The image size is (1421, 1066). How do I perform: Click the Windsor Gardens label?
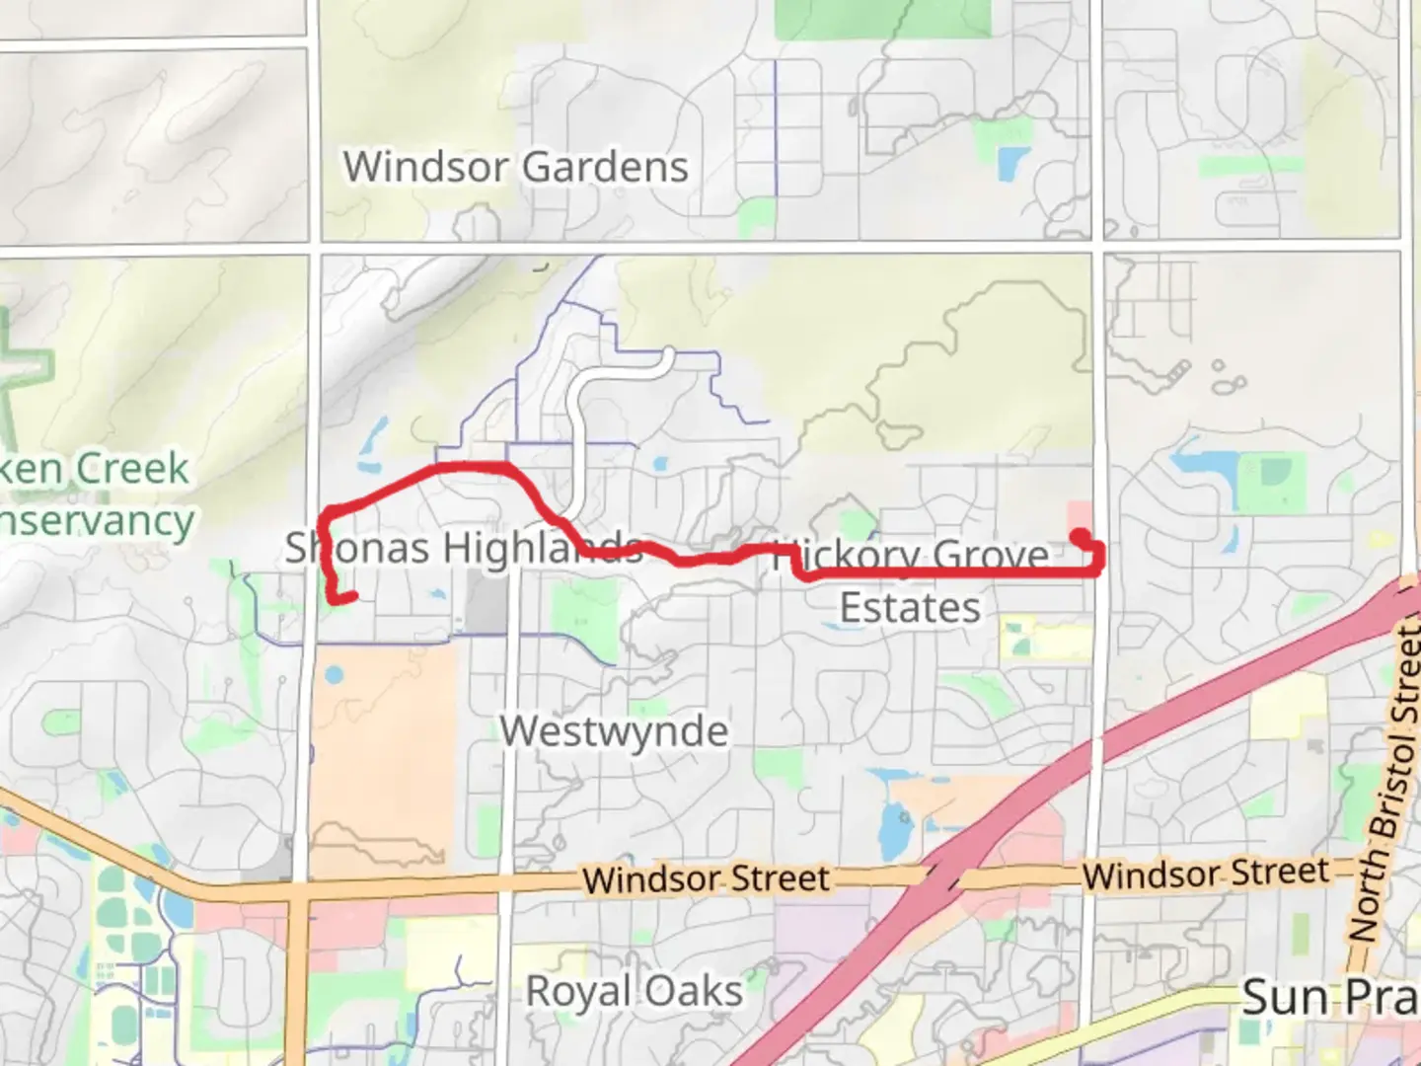tap(515, 167)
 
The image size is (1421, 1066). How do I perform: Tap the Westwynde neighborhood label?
tap(614, 731)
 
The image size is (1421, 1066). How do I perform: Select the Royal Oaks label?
tap(634, 991)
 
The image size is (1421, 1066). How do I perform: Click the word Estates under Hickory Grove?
tap(910, 608)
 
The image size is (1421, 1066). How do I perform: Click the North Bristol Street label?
tap(1393, 780)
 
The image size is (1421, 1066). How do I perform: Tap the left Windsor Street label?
tap(706, 878)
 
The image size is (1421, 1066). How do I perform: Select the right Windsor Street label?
tap(1206, 874)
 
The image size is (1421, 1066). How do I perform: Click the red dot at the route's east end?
tap(1081, 536)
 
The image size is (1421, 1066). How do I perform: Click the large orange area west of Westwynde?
tap(385, 750)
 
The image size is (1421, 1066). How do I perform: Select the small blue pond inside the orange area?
tap(334, 676)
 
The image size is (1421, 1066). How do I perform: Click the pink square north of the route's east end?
tap(1080, 515)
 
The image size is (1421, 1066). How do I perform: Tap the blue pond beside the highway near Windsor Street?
tap(894, 829)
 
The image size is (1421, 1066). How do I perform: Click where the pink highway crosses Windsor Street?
tap(942, 874)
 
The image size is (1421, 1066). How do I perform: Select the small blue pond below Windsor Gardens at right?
tap(1010, 162)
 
